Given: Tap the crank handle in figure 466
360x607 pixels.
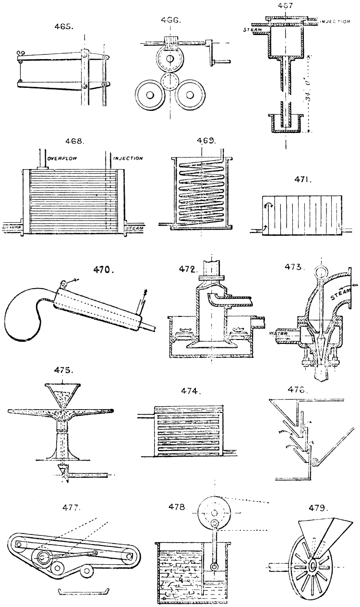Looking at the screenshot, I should (221, 61).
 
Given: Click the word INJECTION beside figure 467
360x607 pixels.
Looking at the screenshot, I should (335, 23).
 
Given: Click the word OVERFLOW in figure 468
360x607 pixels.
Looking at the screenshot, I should (62, 158).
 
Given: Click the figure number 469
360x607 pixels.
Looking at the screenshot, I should (207, 142).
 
